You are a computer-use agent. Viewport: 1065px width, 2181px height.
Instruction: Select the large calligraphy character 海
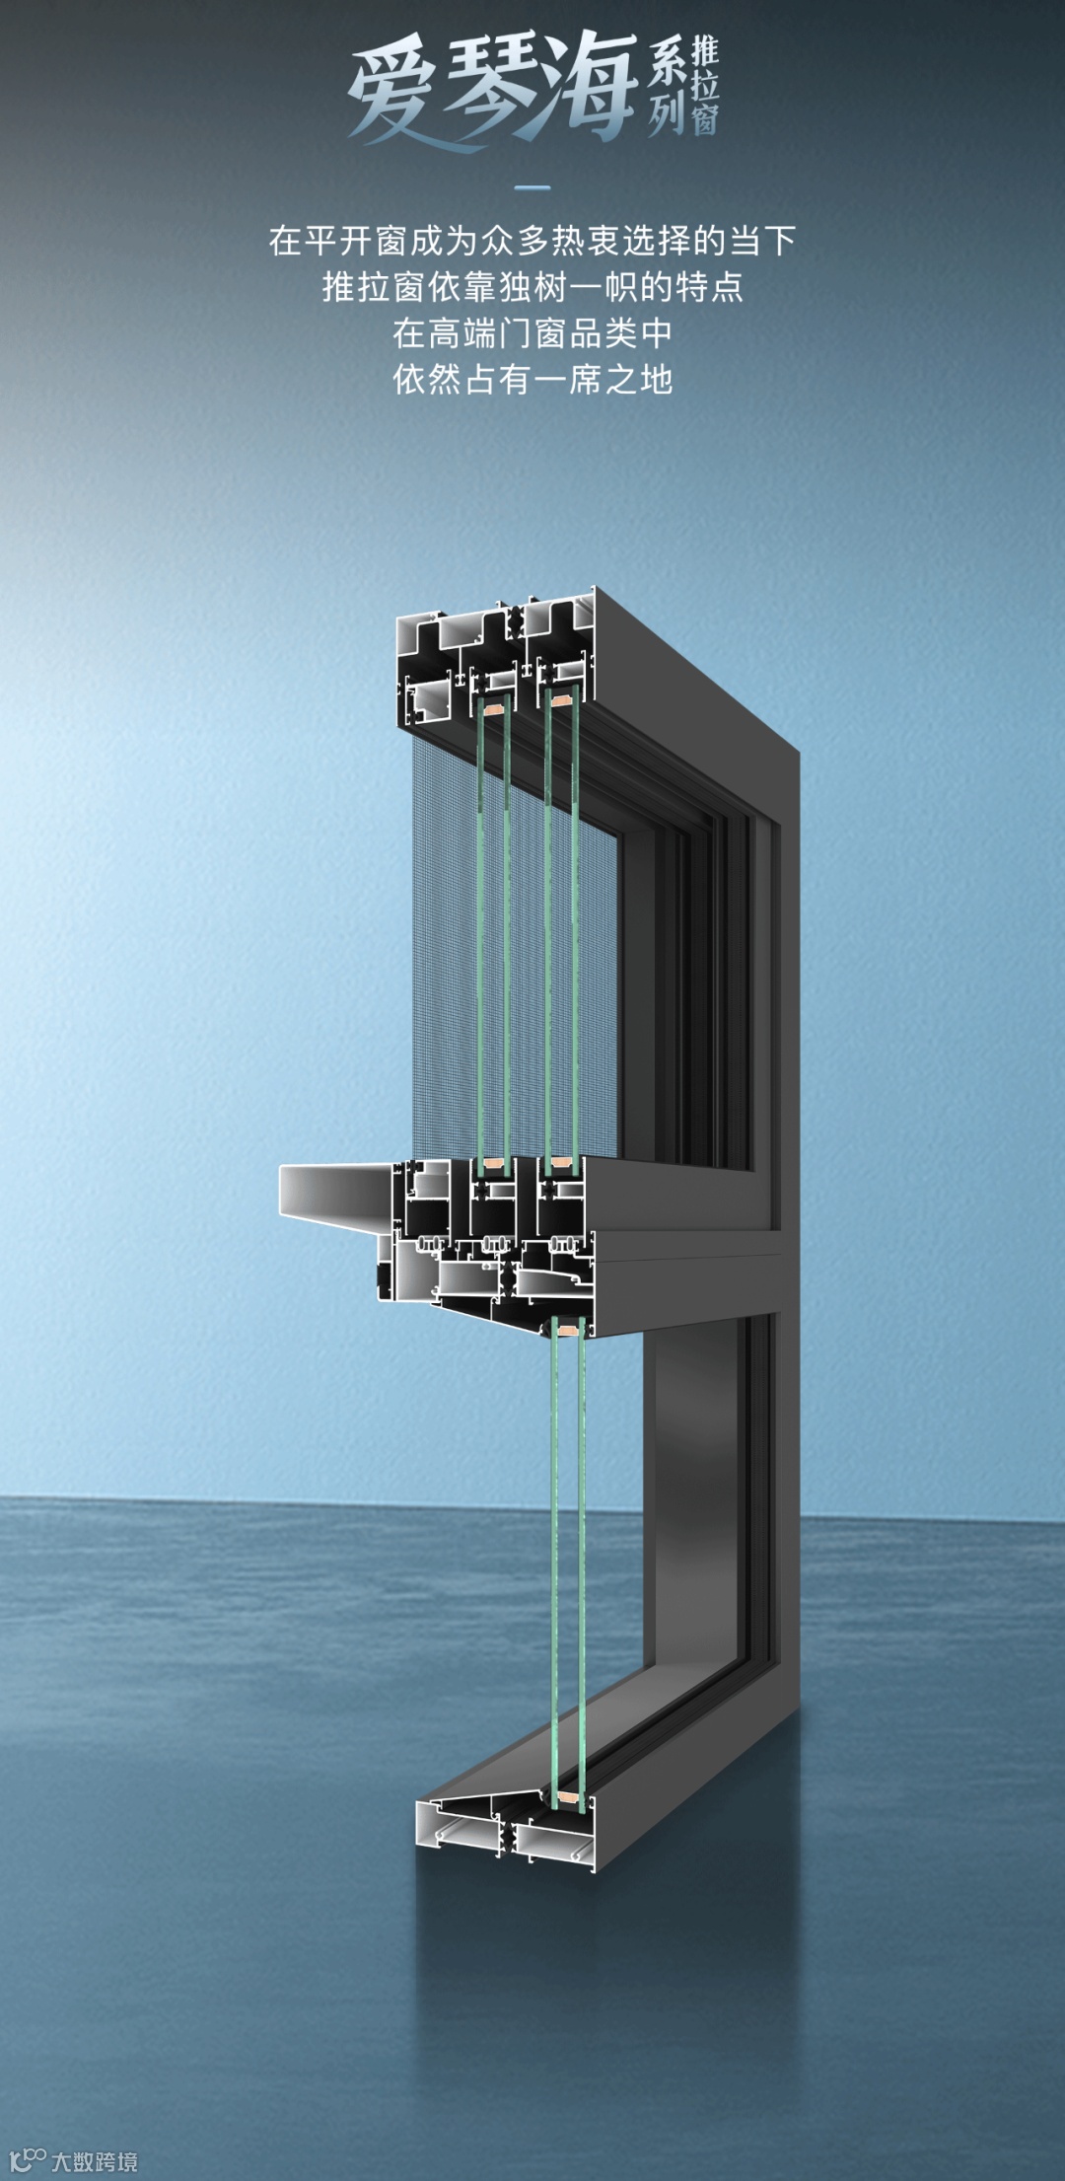pyautogui.click(x=588, y=87)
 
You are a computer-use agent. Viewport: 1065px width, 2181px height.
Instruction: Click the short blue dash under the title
pyautogui.click(x=532, y=187)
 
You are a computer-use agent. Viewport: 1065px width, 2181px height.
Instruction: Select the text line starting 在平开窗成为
pyautogui.click(x=532, y=241)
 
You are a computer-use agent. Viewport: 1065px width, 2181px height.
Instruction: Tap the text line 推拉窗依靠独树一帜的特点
pyautogui.click(x=532, y=287)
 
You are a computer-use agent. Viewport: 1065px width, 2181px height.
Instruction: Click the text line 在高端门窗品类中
pyautogui.click(x=532, y=333)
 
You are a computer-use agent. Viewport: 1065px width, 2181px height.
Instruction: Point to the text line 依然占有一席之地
pyautogui.click(x=532, y=380)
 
